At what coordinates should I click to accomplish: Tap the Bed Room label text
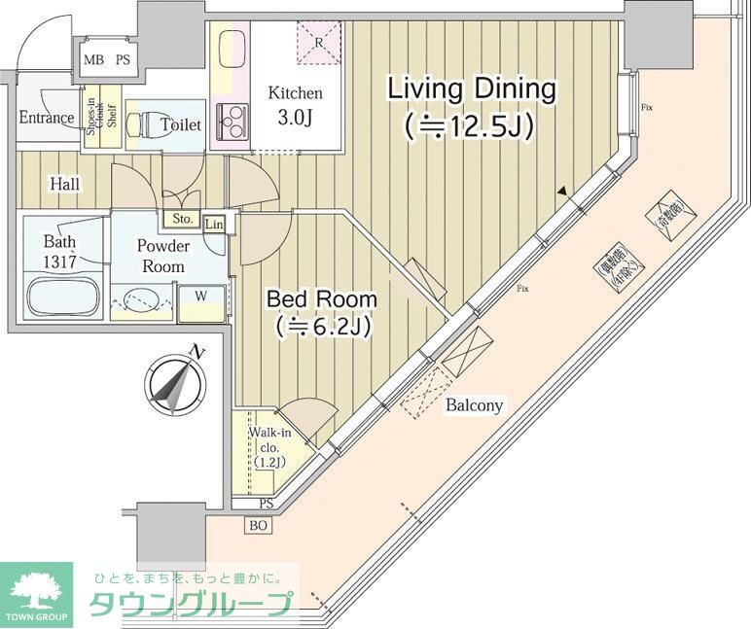tap(321, 312)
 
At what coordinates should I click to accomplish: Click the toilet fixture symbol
tap(156, 124)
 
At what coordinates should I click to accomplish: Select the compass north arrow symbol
tap(176, 382)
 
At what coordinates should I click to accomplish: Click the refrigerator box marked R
tap(320, 43)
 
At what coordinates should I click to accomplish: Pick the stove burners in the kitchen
tap(231, 122)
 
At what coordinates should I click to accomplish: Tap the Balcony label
tap(475, 405)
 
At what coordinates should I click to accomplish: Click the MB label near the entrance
tap(93, 59)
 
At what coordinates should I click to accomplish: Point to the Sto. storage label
tap(181, 218)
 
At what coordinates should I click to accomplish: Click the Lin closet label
tap(215, 225)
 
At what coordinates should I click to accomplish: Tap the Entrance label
tap(46, 119)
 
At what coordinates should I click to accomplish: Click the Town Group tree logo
tap(36, 589)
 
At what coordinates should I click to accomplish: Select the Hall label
tap(65, 184)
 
